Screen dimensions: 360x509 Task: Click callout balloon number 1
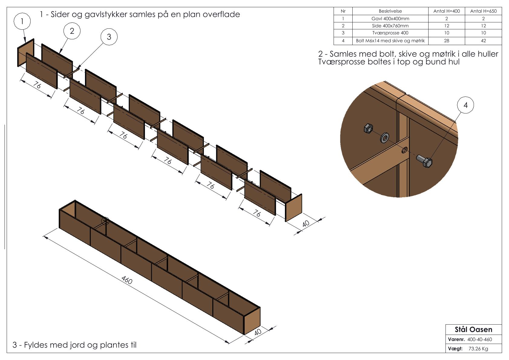tap(22, 21)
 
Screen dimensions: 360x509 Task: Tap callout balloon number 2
tap(72, 31)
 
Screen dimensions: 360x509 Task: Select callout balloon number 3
tap(109, 37)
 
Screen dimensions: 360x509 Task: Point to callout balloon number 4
tap(465, 105)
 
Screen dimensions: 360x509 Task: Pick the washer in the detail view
tap(385, 138)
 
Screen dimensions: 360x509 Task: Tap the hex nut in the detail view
tap(368, 129)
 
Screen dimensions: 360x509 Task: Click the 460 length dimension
tap(127, 280)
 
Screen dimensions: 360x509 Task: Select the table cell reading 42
tap(483, 41)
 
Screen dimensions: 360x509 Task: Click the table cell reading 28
tap(446, 41)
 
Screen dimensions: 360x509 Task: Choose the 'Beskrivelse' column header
tap(390, 11)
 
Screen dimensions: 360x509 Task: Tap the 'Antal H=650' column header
tap(483, 11)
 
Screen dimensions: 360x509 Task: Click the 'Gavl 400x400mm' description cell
tap(390, 18)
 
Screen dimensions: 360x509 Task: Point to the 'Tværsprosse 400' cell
tap(390, 33)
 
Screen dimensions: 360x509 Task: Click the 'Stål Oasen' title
tap(473, 329)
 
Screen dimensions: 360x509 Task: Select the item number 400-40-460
tap(479, 339)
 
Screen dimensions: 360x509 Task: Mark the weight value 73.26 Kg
tap(478, 349)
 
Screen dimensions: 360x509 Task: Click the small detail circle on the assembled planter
tap(105, 221)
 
